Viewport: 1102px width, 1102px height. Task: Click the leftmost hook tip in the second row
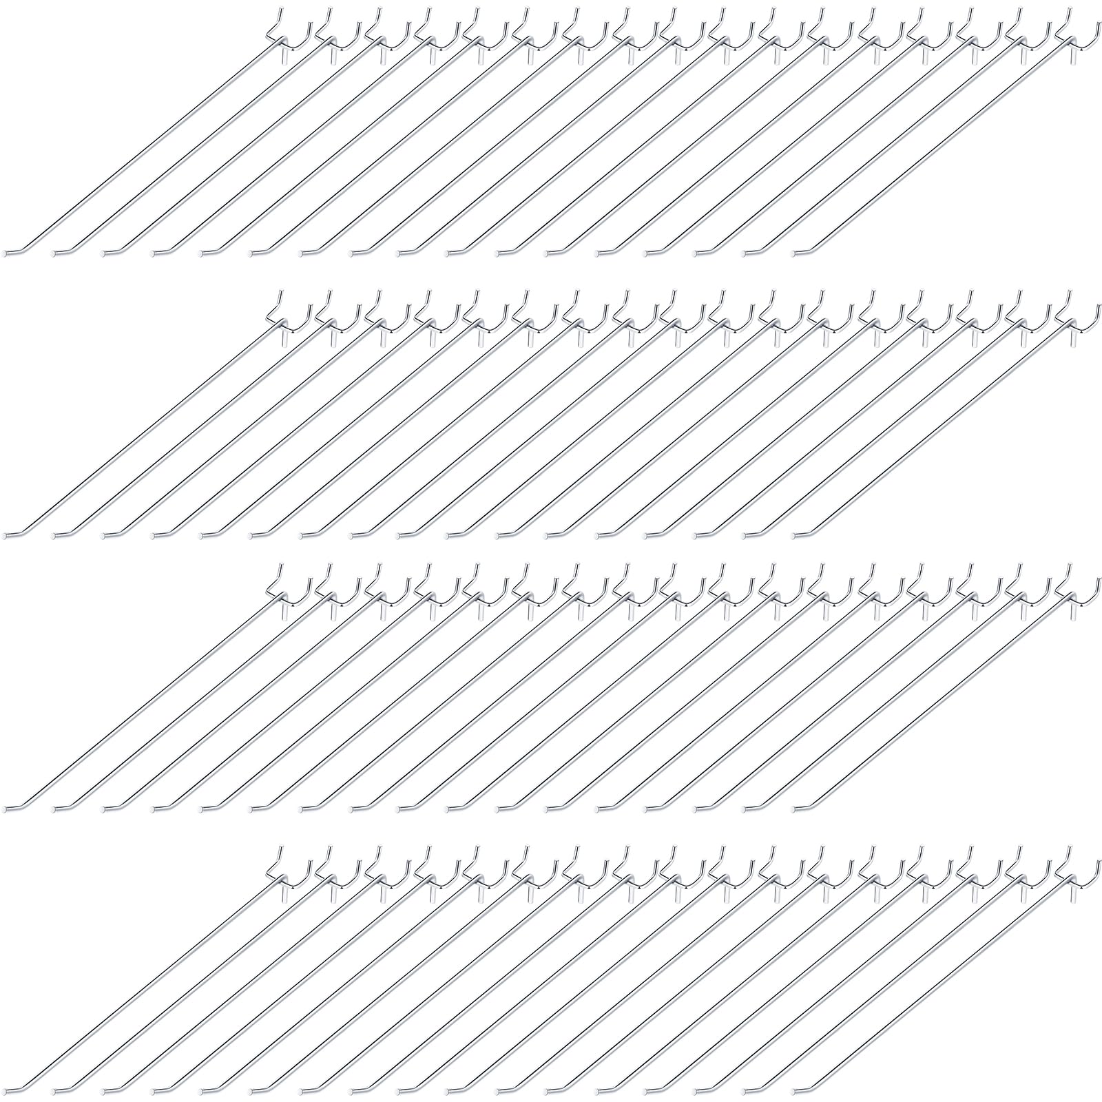pyautogui.click(x=6, y=534)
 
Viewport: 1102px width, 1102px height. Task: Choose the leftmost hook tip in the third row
pyautogui.click(x=6, y=807)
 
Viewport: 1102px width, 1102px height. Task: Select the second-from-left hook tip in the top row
pyautogui.click(x=56, y=252)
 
